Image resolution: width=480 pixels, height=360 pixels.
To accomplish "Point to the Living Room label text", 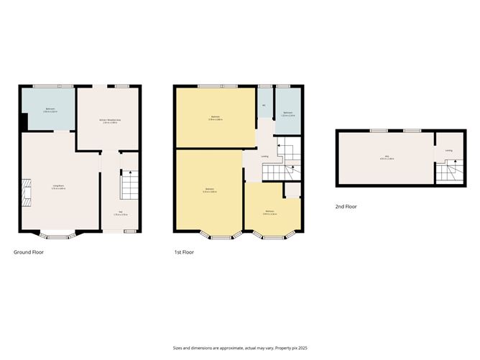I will (x=60, y=188).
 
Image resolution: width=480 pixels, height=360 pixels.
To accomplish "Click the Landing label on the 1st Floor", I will (x=265, y=157).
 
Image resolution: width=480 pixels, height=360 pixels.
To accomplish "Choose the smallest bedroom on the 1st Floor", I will (x=270, y=210).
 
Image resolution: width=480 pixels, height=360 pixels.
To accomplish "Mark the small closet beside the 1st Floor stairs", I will (x=292, y=190).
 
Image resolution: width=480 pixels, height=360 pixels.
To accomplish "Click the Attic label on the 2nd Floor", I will (x=387, y=158).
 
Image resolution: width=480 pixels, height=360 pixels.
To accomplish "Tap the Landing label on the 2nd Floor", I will (x=448, y=150).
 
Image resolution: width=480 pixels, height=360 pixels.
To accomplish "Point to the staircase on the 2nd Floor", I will (x=448, y=172).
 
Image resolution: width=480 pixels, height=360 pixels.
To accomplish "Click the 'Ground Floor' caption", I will (x=29, y=252).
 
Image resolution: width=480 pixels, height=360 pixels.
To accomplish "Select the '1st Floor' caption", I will (x=184, y=252).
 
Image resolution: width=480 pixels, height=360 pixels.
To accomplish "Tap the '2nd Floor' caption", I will (x=346, y=207).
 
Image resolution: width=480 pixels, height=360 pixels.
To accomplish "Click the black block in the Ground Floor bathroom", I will (x=25, y=122).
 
